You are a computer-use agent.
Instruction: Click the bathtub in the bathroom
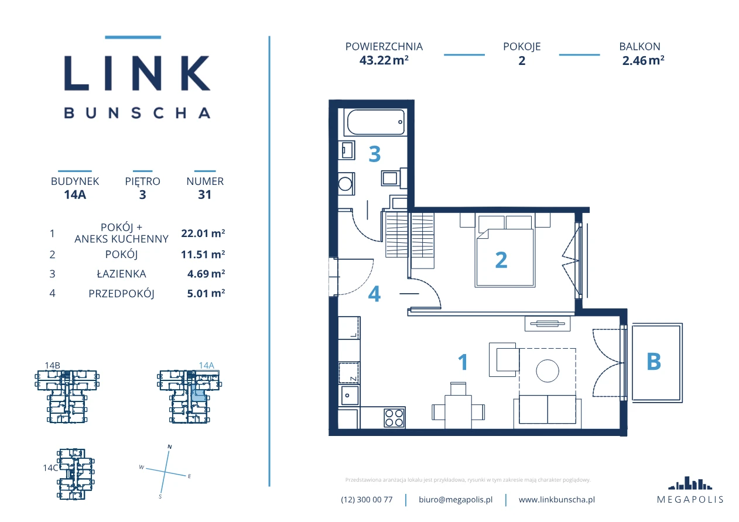tap(375, 122)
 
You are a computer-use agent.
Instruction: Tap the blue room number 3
tap(374, 154)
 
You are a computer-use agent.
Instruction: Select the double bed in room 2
tap(505, 251)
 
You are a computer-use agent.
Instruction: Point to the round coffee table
tap(548, 370)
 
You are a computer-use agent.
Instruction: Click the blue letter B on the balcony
tap(654, 362)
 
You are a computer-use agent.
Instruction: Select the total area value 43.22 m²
tap(384, 60)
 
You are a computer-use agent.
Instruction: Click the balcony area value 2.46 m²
tap(643, 60)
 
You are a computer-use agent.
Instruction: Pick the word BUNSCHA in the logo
tap(137, 113)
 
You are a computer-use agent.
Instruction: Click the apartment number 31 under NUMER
tap(204, 194)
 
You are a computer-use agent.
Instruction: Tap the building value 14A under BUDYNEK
tap(75, 194)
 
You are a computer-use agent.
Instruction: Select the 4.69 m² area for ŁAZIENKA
tap(206, 274)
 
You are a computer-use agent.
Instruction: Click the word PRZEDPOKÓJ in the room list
tap(121, 294)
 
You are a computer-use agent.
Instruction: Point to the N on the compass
tap(170, 447)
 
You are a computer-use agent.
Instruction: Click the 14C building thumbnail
tap(76, 474)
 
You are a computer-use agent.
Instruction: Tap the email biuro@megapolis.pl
tap(456, 500)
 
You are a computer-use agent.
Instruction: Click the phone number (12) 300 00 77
tap(367, 500)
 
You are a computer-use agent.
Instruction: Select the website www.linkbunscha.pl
tap(557, 500)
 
